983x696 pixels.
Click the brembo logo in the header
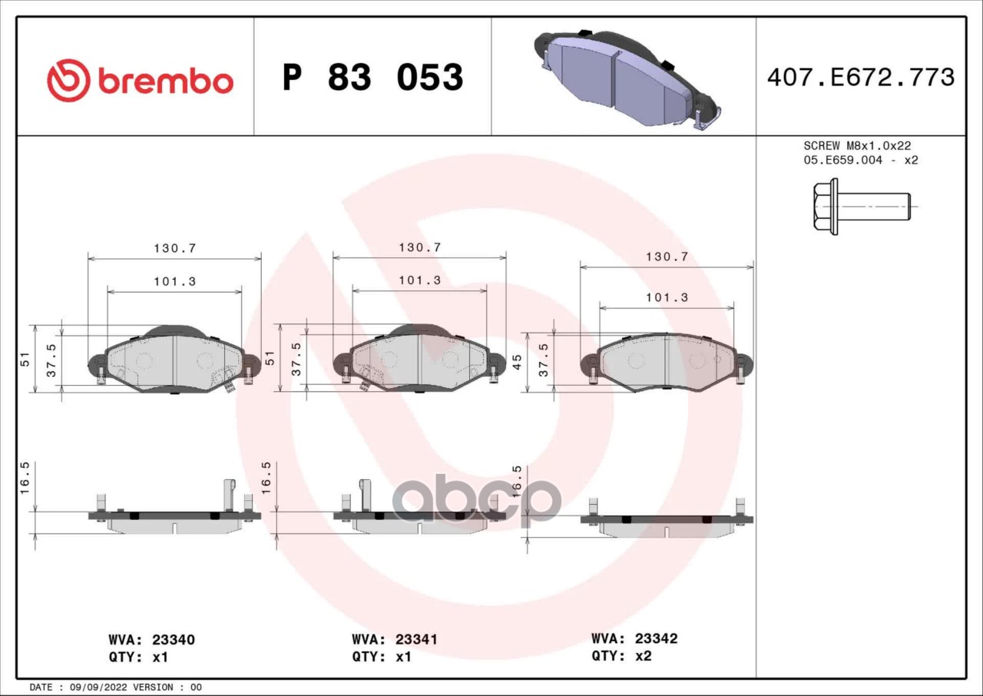pos(140,81)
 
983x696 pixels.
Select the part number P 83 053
pos(373,78)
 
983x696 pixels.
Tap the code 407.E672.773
pos(861,78)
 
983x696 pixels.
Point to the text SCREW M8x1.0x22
pos(857,146)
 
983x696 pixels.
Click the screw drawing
pos(862,206)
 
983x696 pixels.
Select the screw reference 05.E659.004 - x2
pos(861,161)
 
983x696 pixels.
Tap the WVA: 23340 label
pos(152,640)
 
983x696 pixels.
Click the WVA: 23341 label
pos(395,639)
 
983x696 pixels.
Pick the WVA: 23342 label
pos(634,638)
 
